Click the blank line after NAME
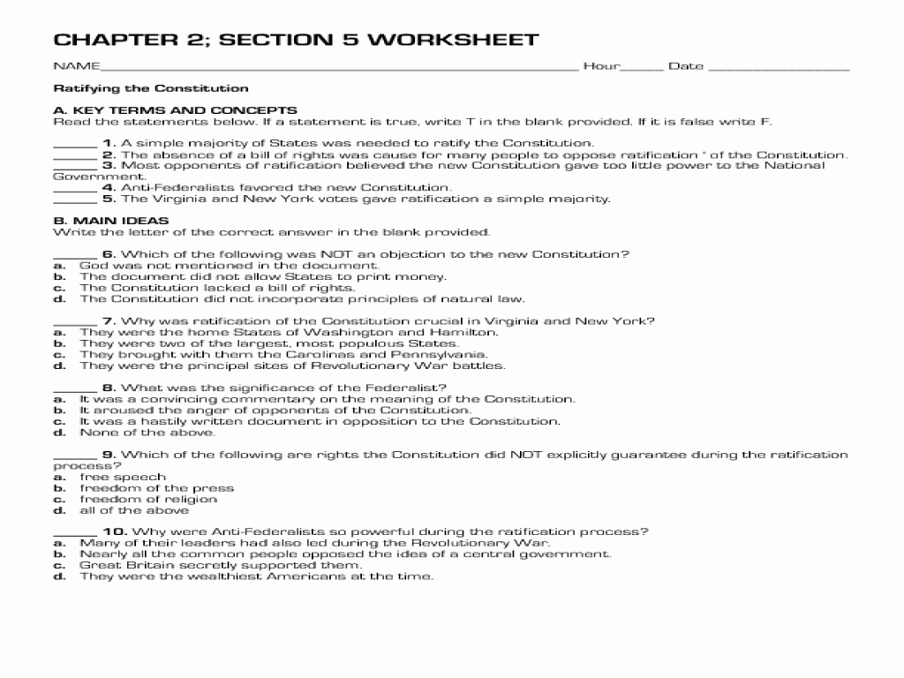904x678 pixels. pos(339,68)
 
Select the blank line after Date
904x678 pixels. pos(779,68)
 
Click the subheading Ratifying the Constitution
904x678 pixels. pos(151,88)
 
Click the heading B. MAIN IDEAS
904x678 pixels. pos(111,221)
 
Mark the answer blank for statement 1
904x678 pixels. pos(75,145)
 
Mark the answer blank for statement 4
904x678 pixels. pos(75,189)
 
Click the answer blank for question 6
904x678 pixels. pos(75,256)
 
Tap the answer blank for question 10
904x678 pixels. pos(75,533)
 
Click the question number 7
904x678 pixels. pos(109,321)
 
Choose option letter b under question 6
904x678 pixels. pos(59,276)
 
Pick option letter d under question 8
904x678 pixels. pos(59,433)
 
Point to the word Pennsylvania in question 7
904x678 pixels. pos(421,354)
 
